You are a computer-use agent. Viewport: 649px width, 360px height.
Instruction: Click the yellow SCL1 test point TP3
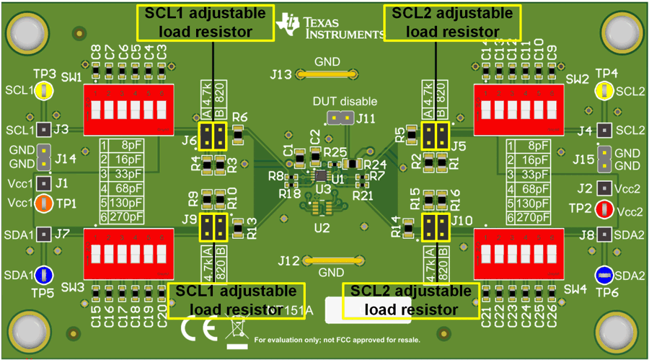pyautogui.click(x=44, y=90)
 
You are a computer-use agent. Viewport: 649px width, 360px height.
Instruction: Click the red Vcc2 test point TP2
pyautogui.click(x=605, y=209)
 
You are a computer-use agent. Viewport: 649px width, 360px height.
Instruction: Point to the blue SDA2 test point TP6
pyautogui.click(x=604, y=275)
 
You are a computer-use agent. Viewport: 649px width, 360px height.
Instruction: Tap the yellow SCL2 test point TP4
pyautogui.click(x=604, y=91)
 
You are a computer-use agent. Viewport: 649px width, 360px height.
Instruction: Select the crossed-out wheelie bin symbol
pyautogui.click(x=235, y=328)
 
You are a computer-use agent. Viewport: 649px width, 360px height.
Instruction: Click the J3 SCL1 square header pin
pyautogui.click(x=44, y=130)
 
